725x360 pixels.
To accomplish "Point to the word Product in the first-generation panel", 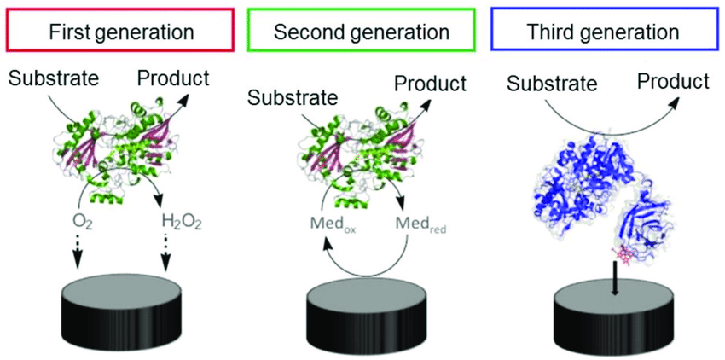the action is click(x=172, y=78).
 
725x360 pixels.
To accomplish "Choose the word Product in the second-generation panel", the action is click(x=430, y=84).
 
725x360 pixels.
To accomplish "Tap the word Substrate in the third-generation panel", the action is click(x=554, y=84).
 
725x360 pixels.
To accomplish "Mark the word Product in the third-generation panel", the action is click(x=674, y=81).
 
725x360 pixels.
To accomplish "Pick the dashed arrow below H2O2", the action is click(x=167, y=250).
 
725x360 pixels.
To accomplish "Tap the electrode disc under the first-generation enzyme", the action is click(x=121, y=306).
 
